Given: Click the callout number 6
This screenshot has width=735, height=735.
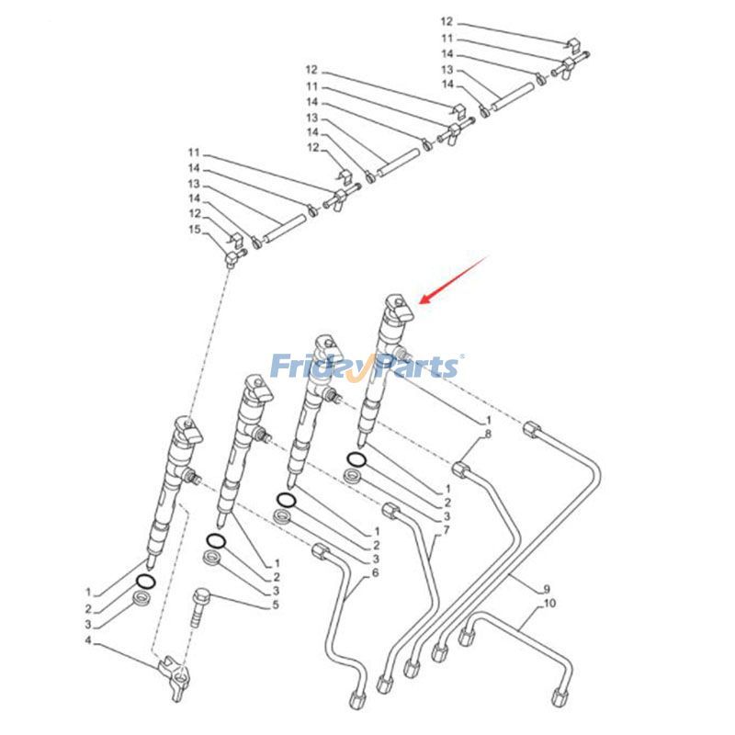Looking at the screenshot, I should coord(375,572).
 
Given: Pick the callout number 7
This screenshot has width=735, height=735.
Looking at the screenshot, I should coord(446,531).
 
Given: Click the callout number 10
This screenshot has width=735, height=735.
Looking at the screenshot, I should coord(550,604).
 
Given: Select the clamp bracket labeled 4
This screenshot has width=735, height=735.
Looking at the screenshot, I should coord(177,671).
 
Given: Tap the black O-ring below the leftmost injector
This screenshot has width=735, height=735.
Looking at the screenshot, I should coord(145,581).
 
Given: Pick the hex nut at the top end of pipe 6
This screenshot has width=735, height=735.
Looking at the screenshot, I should coord(321,550).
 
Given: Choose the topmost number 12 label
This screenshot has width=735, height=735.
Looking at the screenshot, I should coord(447,20).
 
